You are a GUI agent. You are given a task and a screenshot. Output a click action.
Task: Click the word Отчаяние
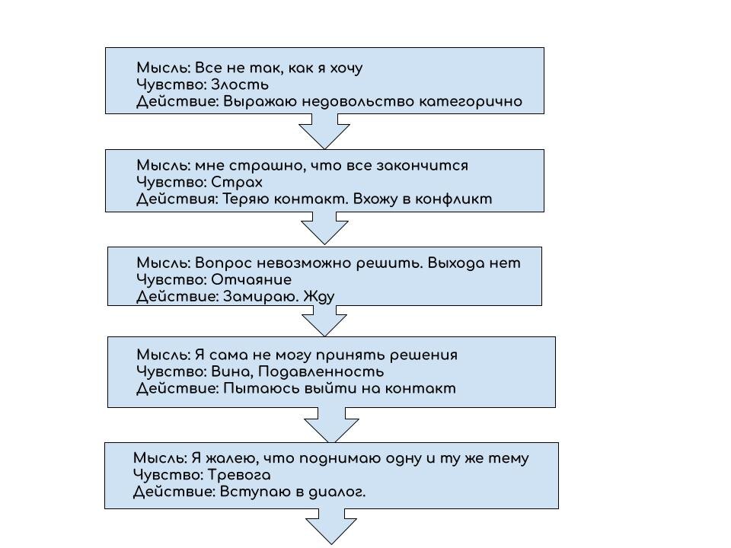pyautogui.click(x=251, y=279)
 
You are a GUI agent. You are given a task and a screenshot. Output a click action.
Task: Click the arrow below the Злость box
pyautogui.click(x=324, y=131)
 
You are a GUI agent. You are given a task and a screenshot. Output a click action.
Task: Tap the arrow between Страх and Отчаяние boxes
pyautogui.click(x=324, y=228)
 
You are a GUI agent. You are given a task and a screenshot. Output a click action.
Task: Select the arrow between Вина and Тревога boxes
pyautogui.click(x=330, y=424)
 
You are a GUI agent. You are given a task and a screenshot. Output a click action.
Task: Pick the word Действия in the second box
pyautogui.click(x=177, y=199)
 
